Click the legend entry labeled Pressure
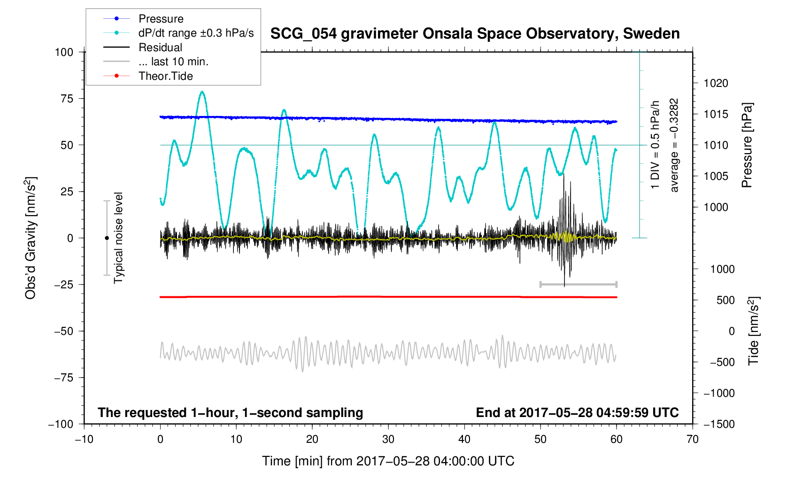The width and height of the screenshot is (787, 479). [x=161, y=19]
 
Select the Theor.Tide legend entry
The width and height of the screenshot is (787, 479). [x=165, y=76]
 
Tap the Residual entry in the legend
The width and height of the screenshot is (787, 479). [x=160, y=47]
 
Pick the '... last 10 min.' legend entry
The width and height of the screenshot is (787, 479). [x=173, y=62]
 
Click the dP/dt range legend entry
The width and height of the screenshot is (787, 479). [x=196, y=33]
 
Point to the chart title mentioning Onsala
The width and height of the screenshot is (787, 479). [x=475, y=34]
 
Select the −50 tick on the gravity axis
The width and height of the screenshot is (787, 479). [x=64, y=331]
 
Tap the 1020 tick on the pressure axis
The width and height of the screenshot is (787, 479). [x=716, y=84]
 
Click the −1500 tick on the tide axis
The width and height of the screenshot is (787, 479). [x=719, y=424]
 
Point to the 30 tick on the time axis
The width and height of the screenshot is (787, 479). [x=388, y=440]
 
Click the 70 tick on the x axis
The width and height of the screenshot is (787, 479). [x=692, y=440]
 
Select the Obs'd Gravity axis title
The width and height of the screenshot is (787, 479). [x=31, y=238]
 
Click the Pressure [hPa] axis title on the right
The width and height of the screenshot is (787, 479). [x=747, y=146]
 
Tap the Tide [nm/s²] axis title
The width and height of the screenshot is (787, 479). [x=753, y=331]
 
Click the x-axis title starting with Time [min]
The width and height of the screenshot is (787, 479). [x=388, y=461]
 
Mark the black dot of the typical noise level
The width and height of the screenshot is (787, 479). [x=107, y=238]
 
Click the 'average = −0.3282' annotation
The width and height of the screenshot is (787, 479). [x=674, y=146]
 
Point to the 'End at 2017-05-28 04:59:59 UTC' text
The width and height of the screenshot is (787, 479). [x=577, y=413]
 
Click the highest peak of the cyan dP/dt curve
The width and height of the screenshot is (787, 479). [x=202, y=92]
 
